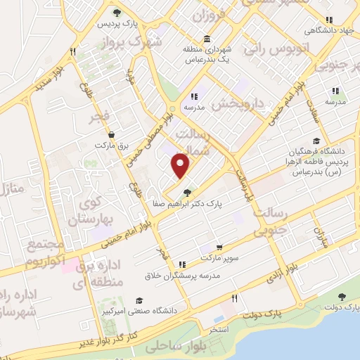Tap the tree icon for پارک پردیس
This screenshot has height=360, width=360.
pos(117,13)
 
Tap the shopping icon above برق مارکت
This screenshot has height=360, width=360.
pos(110,134)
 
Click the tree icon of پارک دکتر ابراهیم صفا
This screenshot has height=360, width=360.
pos(186,192)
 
